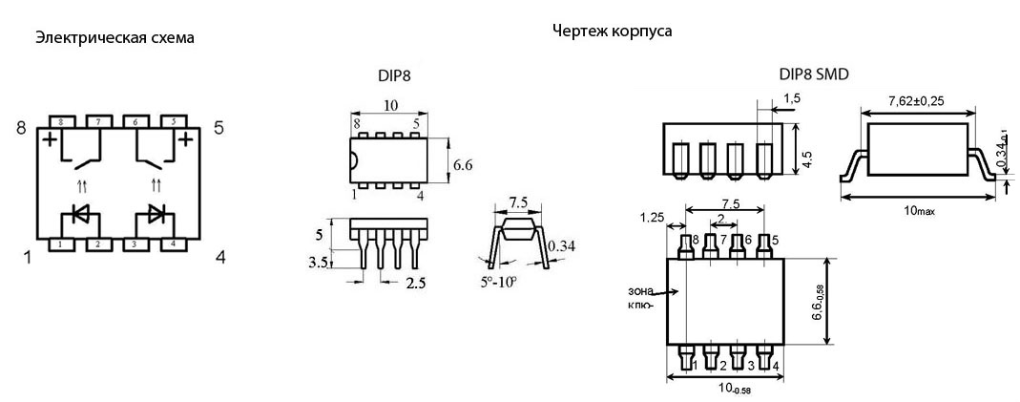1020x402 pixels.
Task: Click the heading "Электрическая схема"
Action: tap(114, 38)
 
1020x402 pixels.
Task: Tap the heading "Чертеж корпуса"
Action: tap(612, 31)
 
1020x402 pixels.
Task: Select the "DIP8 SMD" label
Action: tap(814, 74)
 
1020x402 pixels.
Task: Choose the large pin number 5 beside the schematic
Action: tap(219, 127)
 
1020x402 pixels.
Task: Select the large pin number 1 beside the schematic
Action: tap(27, 256)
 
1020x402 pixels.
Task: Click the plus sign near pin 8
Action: tap(47, 140)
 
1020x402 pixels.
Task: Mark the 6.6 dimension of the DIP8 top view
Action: tap(464, 164)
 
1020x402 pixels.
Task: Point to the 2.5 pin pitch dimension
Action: tap(416, 283)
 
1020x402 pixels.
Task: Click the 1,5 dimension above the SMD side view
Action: tap(792, 98)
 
